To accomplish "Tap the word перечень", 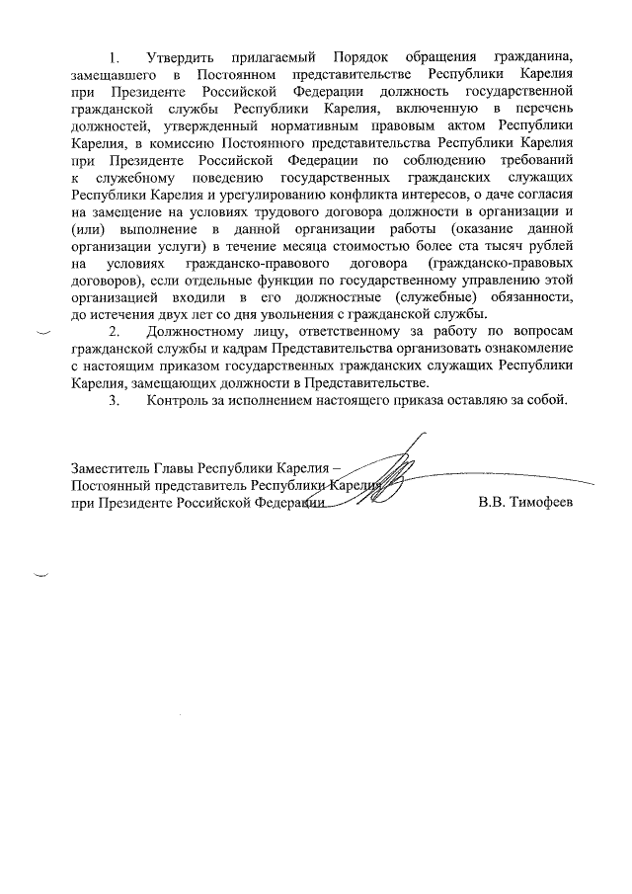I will pyautogui.click(x=542, y=107).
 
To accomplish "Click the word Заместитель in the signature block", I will pyautogui.click(x=112, y=468).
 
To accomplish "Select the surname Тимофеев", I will pyautogui.click(x=542, y=503).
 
